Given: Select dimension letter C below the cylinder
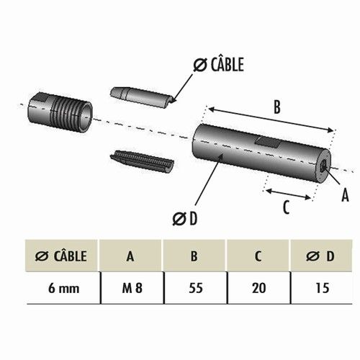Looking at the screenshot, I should [285, 207].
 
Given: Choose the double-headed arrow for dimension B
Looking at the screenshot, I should [271, 120].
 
